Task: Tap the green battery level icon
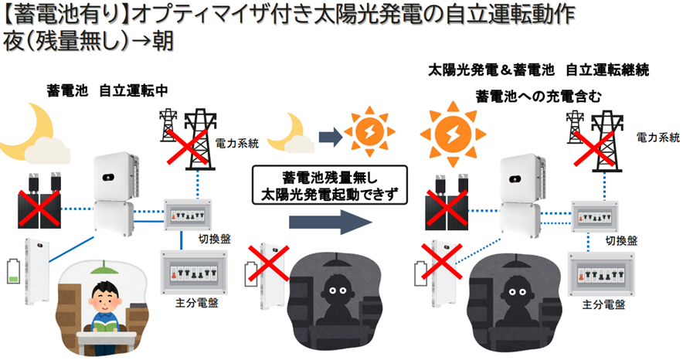(12, 275)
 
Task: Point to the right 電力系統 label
(656, 136)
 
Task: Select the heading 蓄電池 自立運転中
(107, 90)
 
